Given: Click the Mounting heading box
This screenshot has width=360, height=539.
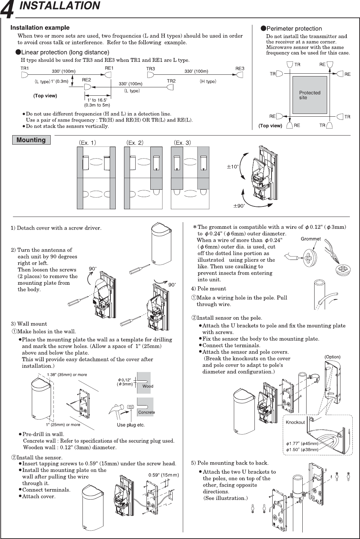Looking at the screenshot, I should pyautogui.click(x=31, y=140).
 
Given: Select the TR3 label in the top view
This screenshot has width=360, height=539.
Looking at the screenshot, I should pyautogui.click(x=151, y=69).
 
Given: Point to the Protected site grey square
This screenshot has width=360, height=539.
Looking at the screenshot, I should pyautogui.click(x=310, y=95).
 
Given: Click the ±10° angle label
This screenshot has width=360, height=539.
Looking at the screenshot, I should pyautogui.click(x=232, y=167).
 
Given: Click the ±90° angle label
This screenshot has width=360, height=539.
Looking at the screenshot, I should pyautogui.click(x=239, y=206).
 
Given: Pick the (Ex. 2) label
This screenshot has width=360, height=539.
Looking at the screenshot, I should pyautogui.click(x=135, y=143).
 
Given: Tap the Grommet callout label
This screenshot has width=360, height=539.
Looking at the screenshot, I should pyautogui.click(x=311, y=239).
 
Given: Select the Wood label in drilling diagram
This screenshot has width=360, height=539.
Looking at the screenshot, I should pyautogui.click(x=147, y=386).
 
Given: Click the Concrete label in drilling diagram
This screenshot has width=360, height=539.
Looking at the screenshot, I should pyautogui.click(x=146, y=412).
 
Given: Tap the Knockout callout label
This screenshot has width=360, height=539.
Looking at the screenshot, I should pyautogui.click(x=295, y=422).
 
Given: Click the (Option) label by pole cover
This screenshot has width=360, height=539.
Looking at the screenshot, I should pyautogui.click(x=332, y=357).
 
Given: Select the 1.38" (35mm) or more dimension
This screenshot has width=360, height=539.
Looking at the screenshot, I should pyautogui.click(x=67, y=374).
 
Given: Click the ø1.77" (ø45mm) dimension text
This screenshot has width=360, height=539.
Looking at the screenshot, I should pyautogui.click(x=302, y=444).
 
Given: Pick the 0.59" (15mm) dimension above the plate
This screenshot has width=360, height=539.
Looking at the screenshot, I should pyautogui.click(x=164, y=475).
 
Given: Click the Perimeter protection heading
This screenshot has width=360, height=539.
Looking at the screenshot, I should pyautogui.click(x=294, y=29).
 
